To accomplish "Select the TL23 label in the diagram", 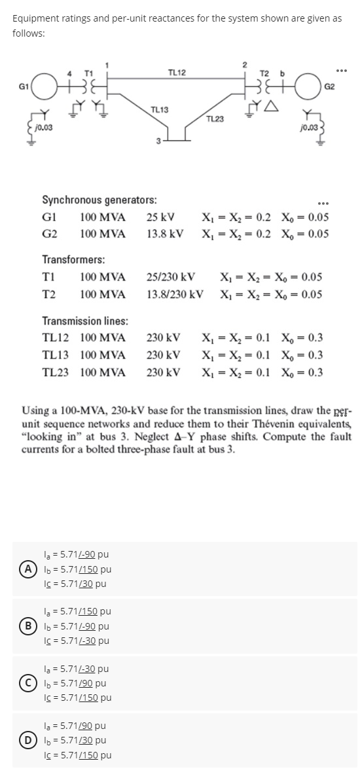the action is (214, 118).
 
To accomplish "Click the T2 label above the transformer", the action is (264, 71).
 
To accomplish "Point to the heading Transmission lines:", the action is (85, 321).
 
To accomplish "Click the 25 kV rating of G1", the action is (160, 217).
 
